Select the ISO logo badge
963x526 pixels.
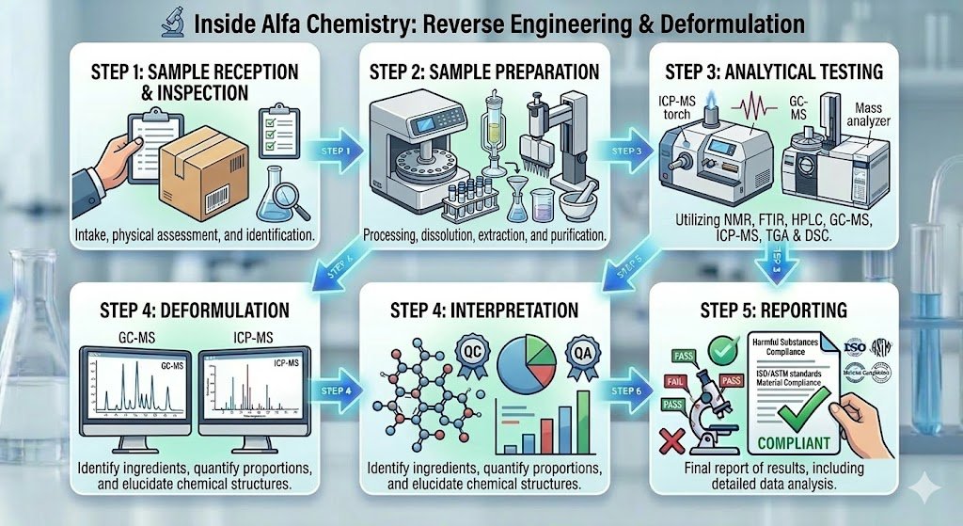pos(855,349)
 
